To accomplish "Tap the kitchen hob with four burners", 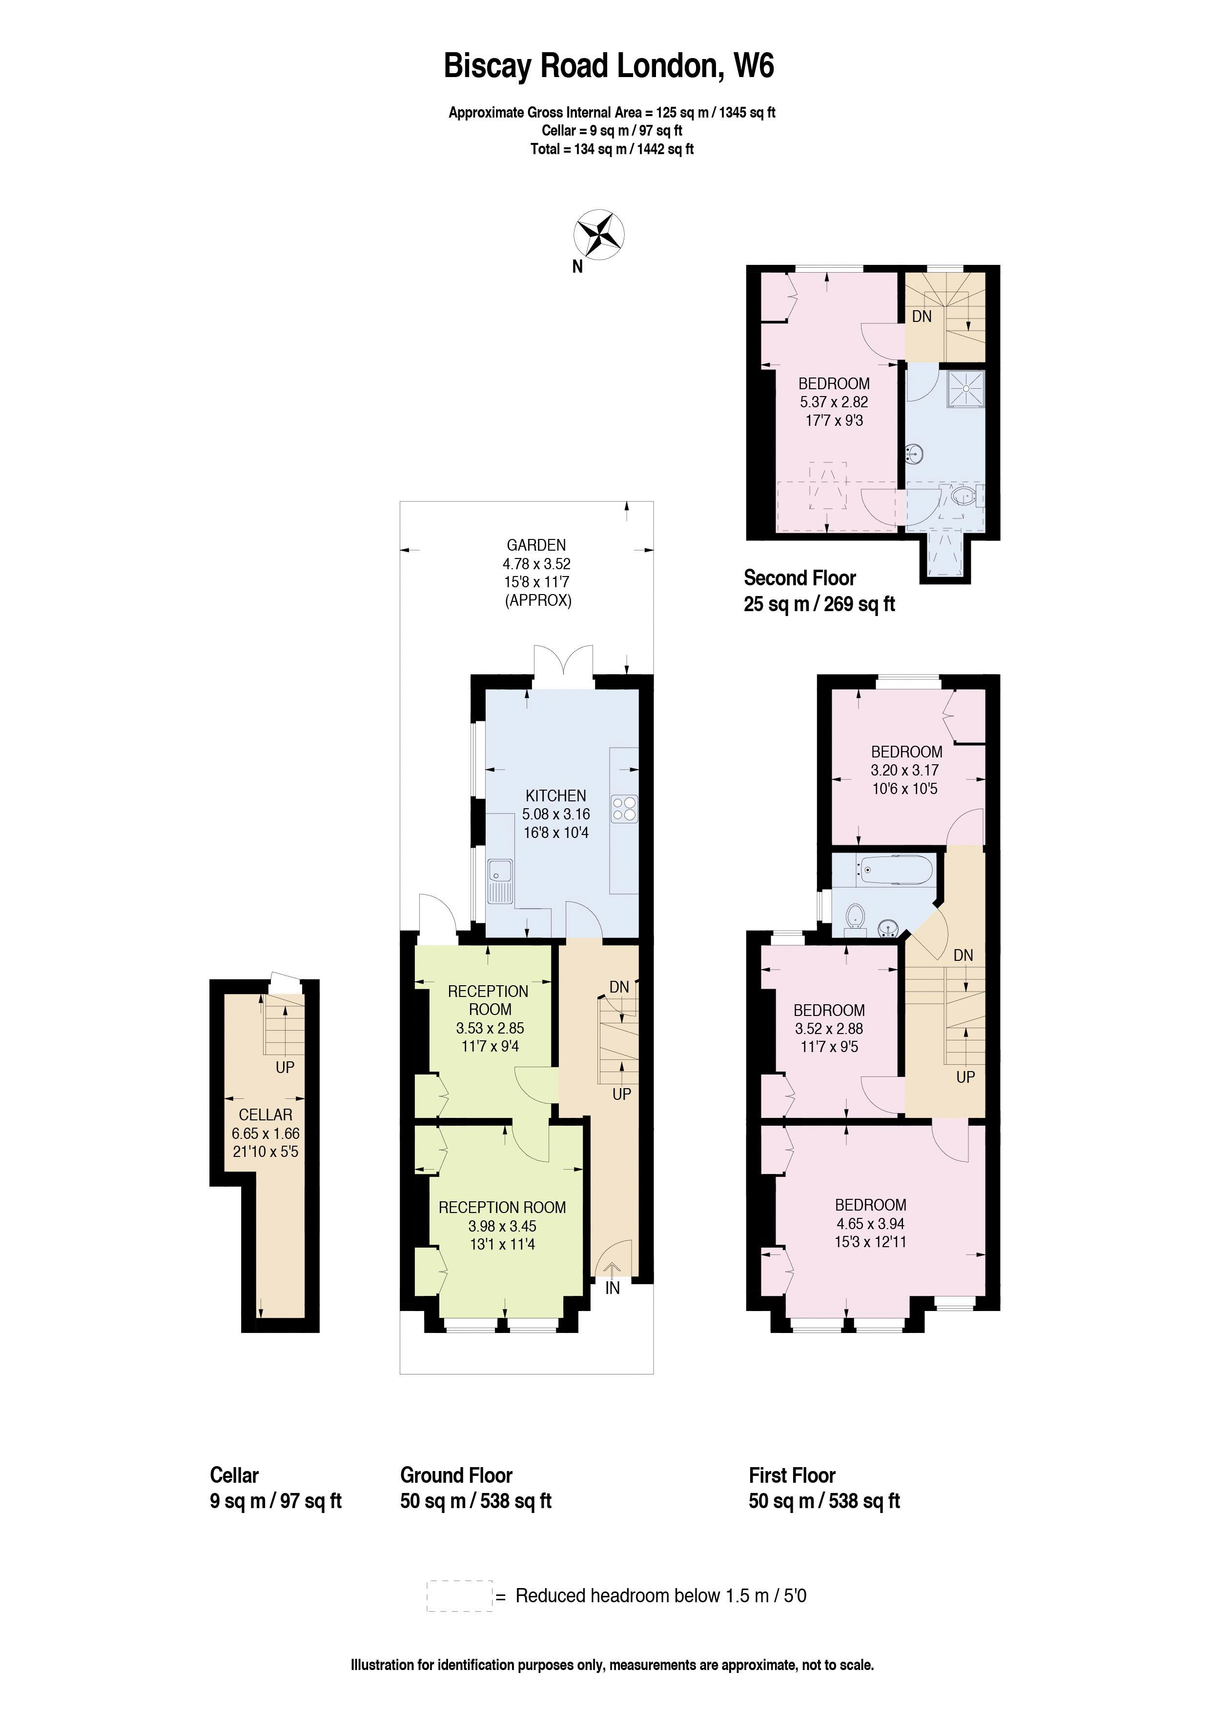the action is [625, 809].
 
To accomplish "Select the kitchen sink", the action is [499, 881].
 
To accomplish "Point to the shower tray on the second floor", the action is [966, 389].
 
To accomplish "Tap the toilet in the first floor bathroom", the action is [855, 916].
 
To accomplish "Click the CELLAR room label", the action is [266, 1115].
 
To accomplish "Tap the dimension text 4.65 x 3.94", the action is [870, 1223].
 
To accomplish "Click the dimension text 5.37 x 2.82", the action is [834, 402].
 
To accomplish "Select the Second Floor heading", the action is [800, 577].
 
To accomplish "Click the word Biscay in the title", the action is [488, 66].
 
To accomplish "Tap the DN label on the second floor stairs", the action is [922, 316].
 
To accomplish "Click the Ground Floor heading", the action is [456, 1475].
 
